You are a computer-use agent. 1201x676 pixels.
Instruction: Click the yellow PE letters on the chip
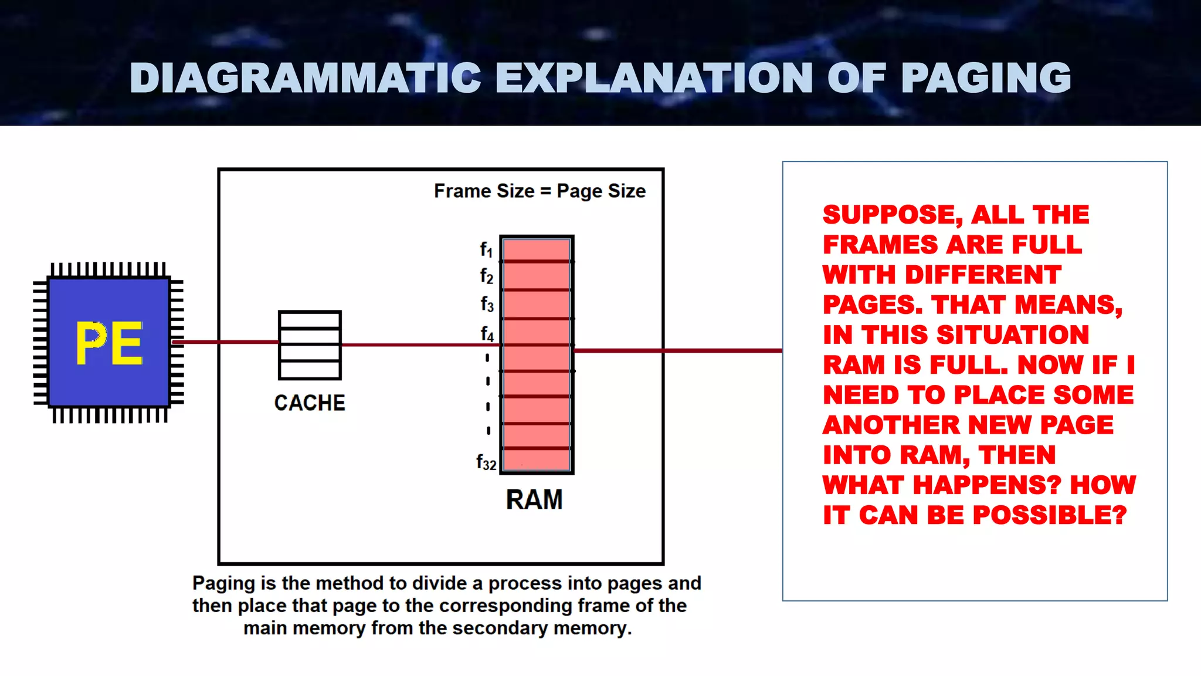[x=109, y=343]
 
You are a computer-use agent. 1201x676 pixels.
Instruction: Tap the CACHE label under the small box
[x=310, y=403]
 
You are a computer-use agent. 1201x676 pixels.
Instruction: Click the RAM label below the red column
[x=534, y=500]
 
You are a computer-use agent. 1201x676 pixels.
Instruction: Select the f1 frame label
[x=486, y=249]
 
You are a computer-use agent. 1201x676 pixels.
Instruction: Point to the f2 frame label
[x=486, y=275]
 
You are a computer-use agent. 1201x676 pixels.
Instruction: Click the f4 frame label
[x=487, y=334]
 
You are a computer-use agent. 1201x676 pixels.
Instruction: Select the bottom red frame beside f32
[x=537, y=459]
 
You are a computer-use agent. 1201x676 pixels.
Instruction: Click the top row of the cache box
[x=310, y=320]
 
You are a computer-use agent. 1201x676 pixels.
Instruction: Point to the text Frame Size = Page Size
[x=540, y=191]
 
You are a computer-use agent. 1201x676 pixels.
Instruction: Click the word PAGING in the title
[x=986, y=78]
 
